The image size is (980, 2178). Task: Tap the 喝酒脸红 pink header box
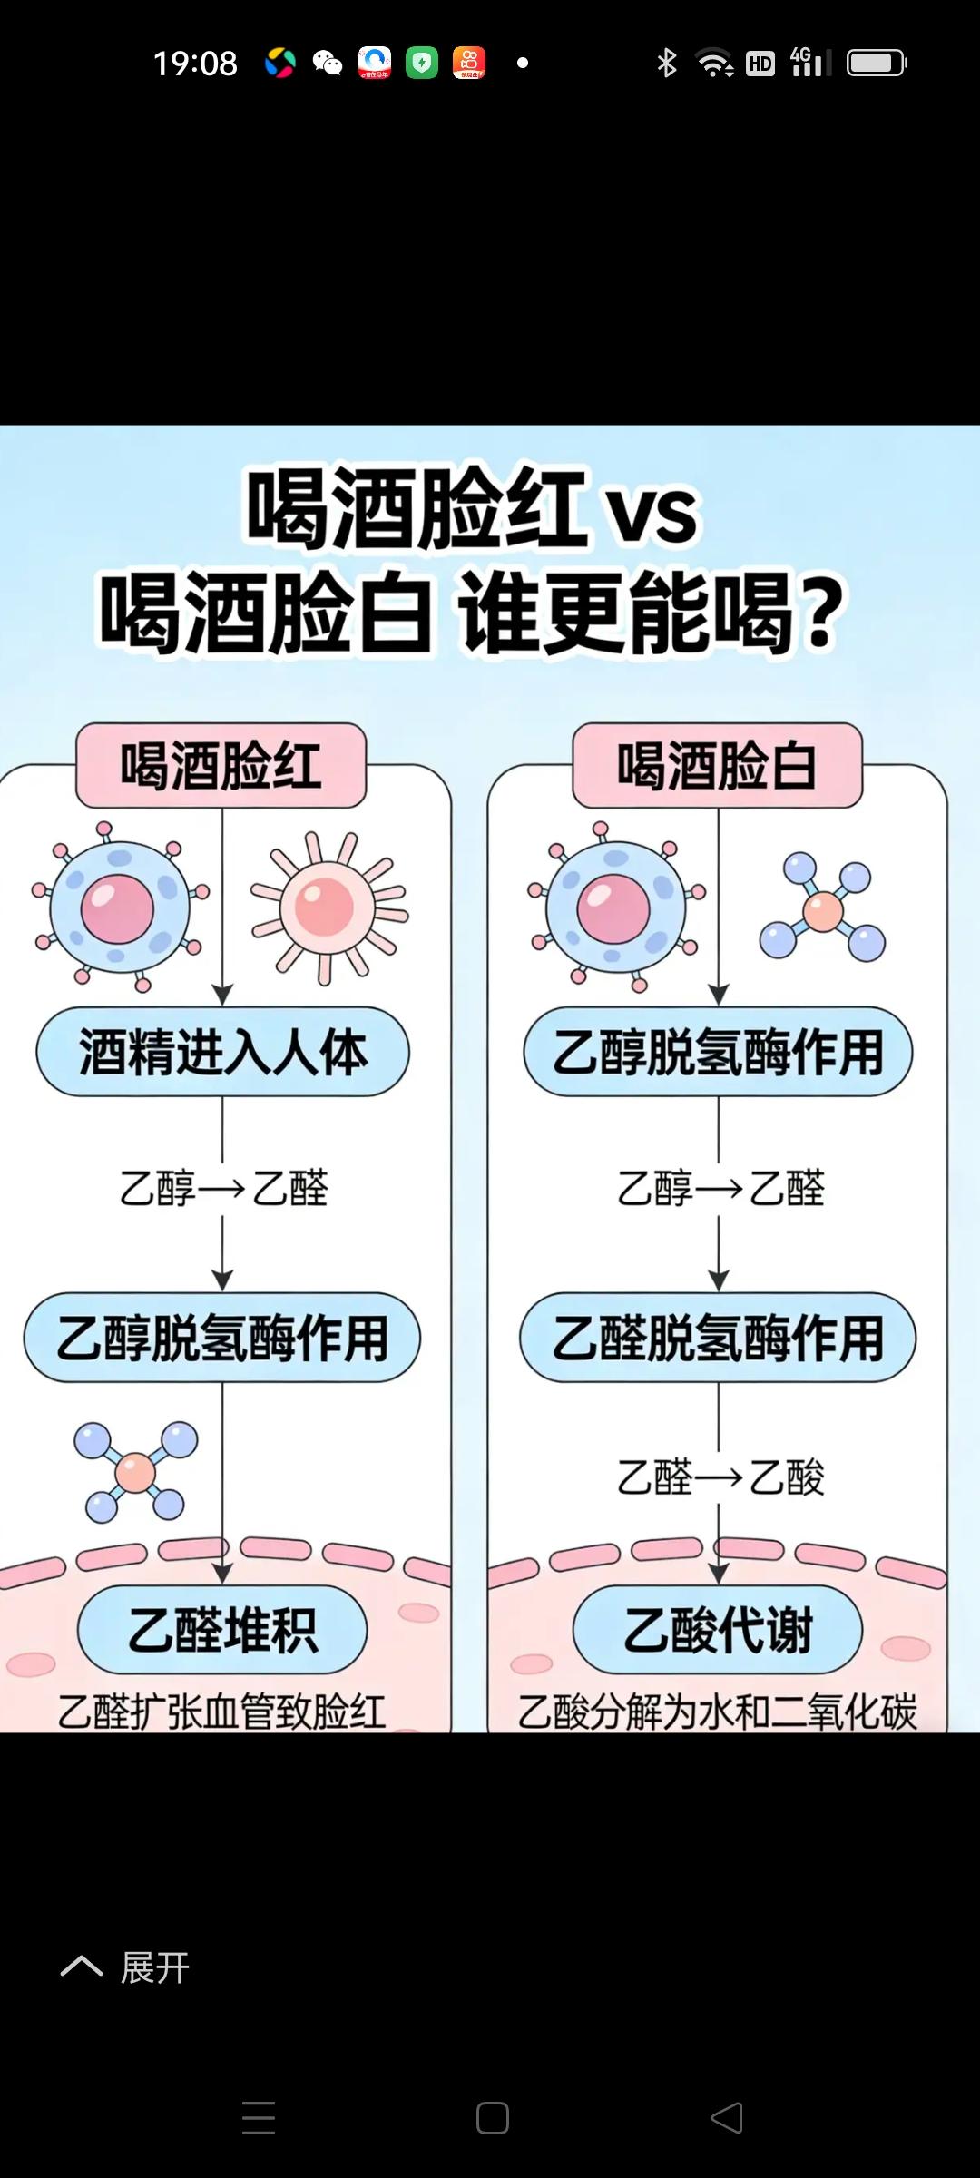coord(220,765)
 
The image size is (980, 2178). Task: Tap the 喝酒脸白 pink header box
coord(717,765)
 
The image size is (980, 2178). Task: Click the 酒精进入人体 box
coord(222,1052)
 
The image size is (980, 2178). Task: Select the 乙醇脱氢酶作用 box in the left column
coord(222,1338)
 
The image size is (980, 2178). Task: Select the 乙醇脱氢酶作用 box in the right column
coord(718,1052)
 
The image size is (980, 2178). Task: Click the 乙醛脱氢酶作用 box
coord(718,1338)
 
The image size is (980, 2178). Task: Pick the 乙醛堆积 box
coord(222,1630)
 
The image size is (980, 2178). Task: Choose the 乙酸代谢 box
coord(717,1630)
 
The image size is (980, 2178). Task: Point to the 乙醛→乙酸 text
coord(720,1477)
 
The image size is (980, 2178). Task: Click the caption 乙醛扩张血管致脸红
coord(222,1712)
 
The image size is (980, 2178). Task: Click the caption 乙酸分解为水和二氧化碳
coord(717,1712)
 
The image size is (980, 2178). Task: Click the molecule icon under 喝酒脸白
coord(822,907)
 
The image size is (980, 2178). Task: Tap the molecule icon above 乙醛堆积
coord(136,1471)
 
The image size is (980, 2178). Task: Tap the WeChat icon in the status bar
coord(327,63)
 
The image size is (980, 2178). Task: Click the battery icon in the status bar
coord(876,63)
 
